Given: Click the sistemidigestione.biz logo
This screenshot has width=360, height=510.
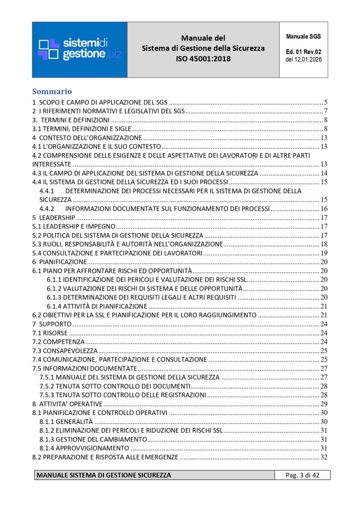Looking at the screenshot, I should (x=80, y=49).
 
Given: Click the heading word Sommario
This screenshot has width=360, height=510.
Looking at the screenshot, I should (x=52, y=91).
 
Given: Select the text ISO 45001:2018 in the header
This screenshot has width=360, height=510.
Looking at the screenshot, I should (x=203, y=59).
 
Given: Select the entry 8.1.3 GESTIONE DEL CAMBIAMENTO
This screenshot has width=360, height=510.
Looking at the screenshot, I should (x=93, y=439).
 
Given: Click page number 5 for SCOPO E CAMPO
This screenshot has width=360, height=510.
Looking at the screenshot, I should (x=325, y=102).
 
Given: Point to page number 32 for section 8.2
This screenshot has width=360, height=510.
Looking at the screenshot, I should (x=323, y=457).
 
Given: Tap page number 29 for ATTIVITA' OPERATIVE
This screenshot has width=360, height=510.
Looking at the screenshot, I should (x=323, y=404).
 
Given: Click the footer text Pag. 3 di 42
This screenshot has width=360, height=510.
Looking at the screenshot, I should (x=302, y=475).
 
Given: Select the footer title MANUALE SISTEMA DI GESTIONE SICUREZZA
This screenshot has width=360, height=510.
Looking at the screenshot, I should (x=104, y=475).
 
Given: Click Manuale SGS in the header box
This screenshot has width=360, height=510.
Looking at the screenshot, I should (x=303, y=37).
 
